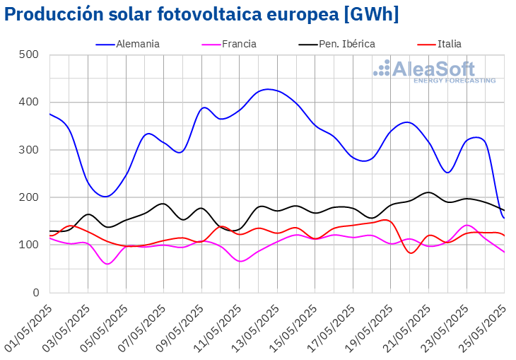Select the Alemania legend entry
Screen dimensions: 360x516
137,44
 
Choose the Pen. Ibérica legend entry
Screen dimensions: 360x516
346,44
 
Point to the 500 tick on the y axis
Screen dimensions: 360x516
29,54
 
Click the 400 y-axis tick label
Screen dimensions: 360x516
29,102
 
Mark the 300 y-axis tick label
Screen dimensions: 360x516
29,150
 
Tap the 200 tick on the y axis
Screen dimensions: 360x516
29,197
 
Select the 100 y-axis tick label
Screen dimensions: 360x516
29,245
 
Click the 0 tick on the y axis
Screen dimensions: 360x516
35,293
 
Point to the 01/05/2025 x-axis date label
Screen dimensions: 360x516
30,322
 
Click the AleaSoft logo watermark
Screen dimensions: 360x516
435,71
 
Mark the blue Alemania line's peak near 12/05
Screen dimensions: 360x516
267,89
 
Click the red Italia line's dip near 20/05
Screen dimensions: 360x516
411,253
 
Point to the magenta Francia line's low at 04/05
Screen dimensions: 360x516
107,264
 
